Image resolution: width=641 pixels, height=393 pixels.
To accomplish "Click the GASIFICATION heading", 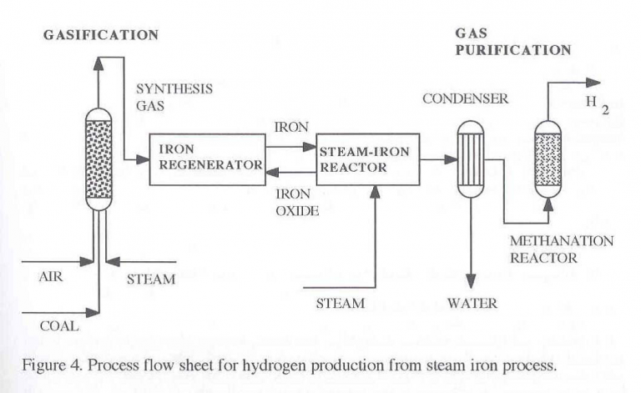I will (x=103, y=35).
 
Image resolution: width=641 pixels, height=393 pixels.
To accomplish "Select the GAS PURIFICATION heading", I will (x=512, y=42).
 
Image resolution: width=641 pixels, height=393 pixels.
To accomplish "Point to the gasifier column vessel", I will (x=98, y=159).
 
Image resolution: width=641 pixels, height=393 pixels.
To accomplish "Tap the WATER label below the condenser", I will (x=472, y=304).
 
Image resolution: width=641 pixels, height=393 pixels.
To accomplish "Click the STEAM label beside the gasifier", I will (x=151, y=279).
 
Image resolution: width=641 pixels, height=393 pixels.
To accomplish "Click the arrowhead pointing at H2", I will (x=593, y=82).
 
